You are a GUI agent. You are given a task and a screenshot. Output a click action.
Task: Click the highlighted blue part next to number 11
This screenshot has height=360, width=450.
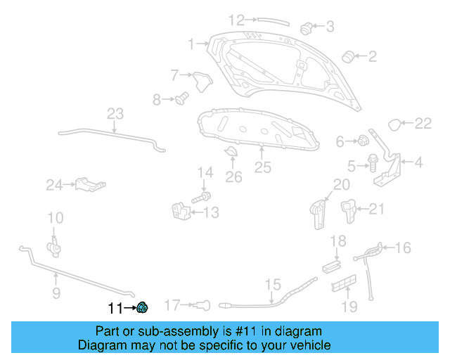[142, 306]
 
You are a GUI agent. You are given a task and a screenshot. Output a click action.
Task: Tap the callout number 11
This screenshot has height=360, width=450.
[115, 308]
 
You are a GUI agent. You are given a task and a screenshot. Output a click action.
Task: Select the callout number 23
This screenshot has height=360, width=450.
[115, 114]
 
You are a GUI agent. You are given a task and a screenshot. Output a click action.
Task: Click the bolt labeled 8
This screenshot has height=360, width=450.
[181, 98]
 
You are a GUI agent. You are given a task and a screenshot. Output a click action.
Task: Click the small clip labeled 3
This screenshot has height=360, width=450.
[306, 28]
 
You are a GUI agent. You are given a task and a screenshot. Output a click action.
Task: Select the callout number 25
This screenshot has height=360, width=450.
[262, 167]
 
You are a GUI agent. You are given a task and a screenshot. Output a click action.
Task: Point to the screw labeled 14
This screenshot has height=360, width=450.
[198, 198]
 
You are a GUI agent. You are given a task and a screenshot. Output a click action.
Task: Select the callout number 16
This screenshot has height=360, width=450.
[402, 247]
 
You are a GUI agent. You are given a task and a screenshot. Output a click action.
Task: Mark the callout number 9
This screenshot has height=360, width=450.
[56, 292]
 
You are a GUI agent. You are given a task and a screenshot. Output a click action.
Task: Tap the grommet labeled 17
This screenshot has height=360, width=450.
[203, 304]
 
